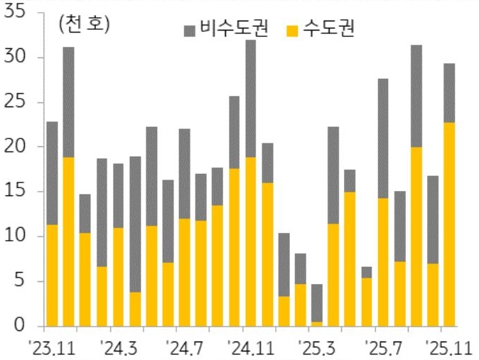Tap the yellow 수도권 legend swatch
[x=291, y=30]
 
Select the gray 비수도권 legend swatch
[x=190, y=30]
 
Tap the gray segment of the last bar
[x=449, y=92]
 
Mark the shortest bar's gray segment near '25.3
[x=316, y=302]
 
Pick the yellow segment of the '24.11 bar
[x=250, y=241]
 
